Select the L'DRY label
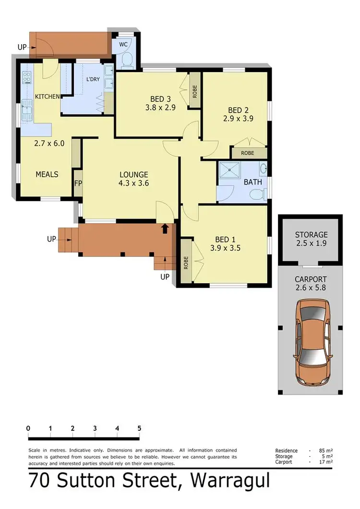coord(93,80)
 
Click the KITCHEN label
coord(47,97)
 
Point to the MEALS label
coord(47,174)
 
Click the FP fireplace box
coord(78,183)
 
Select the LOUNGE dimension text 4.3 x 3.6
coord(134,183)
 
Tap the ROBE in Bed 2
coord(248,153)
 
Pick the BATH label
coord(252,182)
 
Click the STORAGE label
coord(311,235)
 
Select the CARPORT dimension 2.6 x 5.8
coord(311,288)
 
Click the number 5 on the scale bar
coord(139,428)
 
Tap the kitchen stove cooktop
coord(26,77)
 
